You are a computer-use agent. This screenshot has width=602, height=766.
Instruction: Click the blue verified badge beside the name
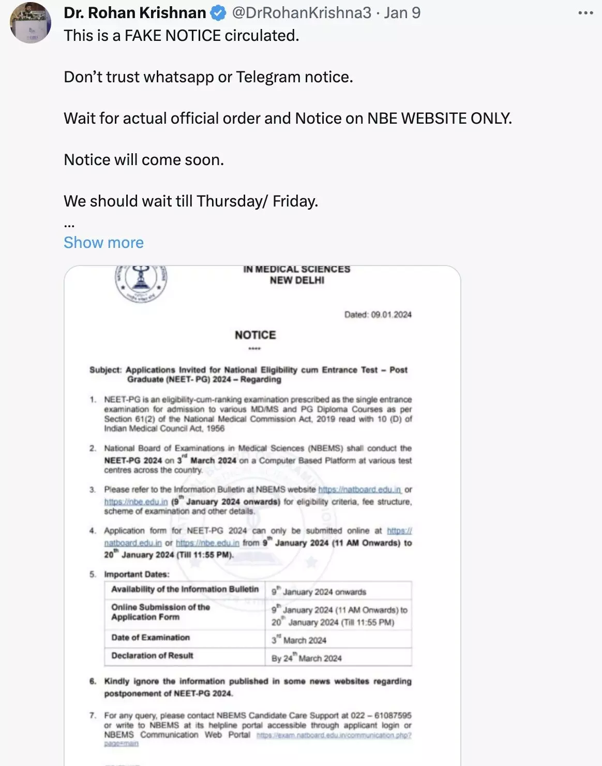pyautogui.click(x=218, y=13)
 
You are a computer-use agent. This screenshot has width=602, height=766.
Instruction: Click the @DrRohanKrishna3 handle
pyautogui.click(x=302, y=13)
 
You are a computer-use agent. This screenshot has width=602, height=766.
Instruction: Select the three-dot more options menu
pyautogui.click(x=585, y=13)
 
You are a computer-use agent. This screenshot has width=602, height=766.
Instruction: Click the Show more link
pyautogui.click(x=103, y=242)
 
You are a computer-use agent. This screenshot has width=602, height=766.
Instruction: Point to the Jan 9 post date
pyautogui.click(x=402, y=13)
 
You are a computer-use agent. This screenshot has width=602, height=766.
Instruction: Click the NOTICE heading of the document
pyautogui.click(x=255, y=335)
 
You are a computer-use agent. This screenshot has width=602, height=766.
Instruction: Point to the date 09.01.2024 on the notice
pyautogui.click(x=391, y=315)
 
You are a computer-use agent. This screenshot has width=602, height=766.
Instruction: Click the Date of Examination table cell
pyautogui.click(x=151, y=638)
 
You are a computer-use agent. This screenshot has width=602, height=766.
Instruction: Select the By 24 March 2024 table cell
pyautogui.click(x=307, y=658)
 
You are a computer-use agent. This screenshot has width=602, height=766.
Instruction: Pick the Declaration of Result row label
pyautogui.click(x=152, y=656)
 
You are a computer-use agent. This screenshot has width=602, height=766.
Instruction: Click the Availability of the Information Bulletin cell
pyautogui.click(x=185, y=590)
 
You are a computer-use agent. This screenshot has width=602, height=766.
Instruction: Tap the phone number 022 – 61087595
pyautogui.click(x=381, y=716)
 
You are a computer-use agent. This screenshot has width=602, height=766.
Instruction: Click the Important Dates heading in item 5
pyautogui.click(x=137, y=574)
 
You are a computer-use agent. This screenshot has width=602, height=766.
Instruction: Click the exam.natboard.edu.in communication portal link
pyautogui.click(x=334, y=735)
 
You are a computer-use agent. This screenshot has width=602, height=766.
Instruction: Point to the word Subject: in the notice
pyautogui.click(x=106, y=370)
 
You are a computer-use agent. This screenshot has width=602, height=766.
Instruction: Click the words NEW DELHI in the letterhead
pyautogui.click(x=297, y=281)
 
